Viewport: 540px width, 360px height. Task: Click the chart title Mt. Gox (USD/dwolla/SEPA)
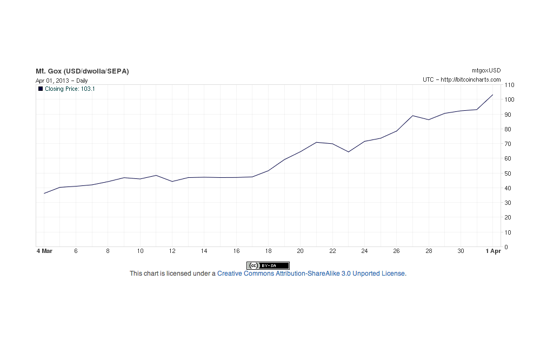[82, 71]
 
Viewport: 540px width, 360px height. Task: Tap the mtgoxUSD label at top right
[486, 71]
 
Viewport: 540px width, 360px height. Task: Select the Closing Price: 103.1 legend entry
[70, 89]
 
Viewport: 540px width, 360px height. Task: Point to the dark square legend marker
[41, 89]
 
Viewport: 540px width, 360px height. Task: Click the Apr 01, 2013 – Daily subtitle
[62, 81]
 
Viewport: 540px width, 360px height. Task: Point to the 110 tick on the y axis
[509, 85]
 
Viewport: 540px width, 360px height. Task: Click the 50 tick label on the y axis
[508, 174]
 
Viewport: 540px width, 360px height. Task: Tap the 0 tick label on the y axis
[506, 247]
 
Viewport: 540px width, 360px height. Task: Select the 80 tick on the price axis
[508, 129]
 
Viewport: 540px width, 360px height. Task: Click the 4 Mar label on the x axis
[44, 251]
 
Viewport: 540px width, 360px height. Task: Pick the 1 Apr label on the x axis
[494, 251]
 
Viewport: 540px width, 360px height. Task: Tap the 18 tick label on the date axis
[268, 251]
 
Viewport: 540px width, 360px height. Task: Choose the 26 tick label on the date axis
[396, 251]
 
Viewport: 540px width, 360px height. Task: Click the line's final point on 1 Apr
[492, 95]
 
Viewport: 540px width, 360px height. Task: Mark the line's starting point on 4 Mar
[44, 193]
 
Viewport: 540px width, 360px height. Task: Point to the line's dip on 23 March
[348, 152]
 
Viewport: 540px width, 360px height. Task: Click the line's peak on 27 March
[412, 116]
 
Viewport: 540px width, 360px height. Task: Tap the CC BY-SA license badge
[268, 265]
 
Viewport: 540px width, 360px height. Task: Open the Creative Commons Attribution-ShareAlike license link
[310, 274]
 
